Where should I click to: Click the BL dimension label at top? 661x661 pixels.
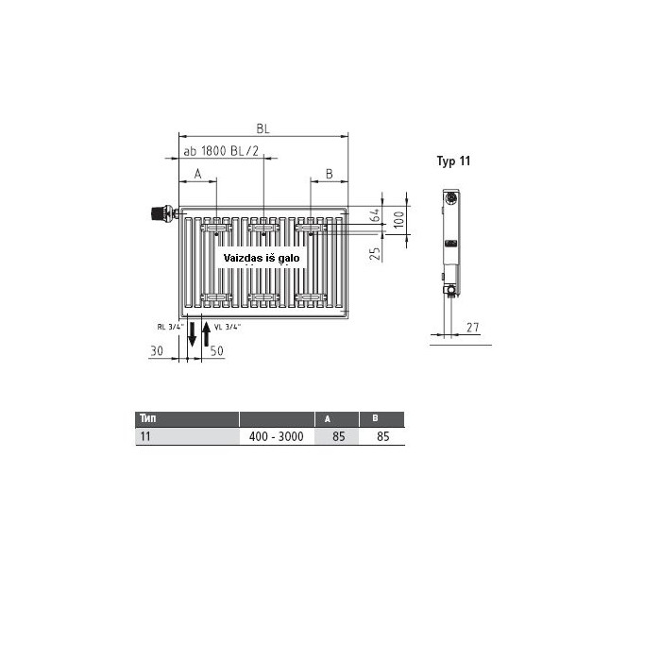pyautogui.click(x=263, y=128)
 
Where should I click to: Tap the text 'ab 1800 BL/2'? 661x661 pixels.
pyautogui.click(x=221, y=151)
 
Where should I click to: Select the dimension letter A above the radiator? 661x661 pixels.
pyautogui.click(x=197, y=173)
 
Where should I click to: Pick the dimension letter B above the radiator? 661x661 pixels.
pyautogui.click(x=330, y=173)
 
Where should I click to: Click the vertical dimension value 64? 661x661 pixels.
pyautogui.click(x=375, y=215)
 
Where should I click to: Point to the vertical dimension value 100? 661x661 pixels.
pyautogui.click(x=398, y=220)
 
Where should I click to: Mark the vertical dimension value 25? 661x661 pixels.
pyautogui.click(x=375, y=253)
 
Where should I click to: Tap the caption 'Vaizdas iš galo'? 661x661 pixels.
pyautogui.click(x=262, y=258)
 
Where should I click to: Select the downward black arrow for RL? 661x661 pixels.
pyautogui.click(x=193, y=334)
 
